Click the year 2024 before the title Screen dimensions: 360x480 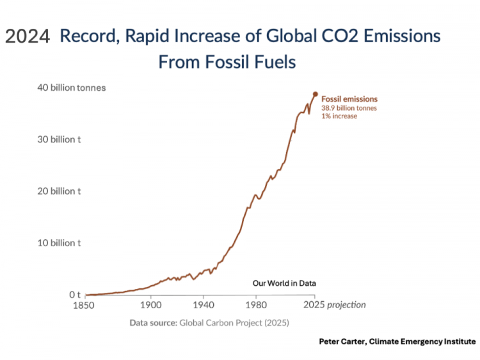pos(28,37)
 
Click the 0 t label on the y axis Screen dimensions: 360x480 pos(74,295)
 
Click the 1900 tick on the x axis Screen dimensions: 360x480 pos(151,306)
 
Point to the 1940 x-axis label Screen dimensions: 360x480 pos(204,306)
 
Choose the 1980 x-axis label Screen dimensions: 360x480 pos(256,306)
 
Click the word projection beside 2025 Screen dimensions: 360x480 pos(347,306)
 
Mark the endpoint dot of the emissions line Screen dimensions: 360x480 pos(315,94)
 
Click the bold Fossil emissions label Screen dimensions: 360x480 pos(349,99)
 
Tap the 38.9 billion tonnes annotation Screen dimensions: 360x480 pos(349,108)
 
